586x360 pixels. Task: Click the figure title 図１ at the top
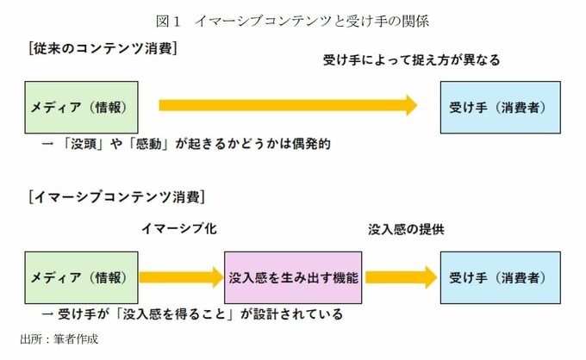tap(168, 21)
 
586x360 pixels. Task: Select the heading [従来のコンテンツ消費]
tap(103, 48)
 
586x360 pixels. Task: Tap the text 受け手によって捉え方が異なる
tap(411, 59)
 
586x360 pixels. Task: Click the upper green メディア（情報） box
tap(82, 108)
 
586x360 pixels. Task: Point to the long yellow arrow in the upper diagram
tap(288, 105)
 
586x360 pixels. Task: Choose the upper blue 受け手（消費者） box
tap(501, 108)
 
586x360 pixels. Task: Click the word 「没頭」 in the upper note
tap(82, 144)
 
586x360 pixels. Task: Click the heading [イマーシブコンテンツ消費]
tap(117, 197)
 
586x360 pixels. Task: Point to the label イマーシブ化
tap(179, 228)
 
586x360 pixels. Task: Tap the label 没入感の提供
tap(406, 229)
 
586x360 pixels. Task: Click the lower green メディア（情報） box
tap(82, 277)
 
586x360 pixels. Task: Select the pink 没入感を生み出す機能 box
tap(293, 277)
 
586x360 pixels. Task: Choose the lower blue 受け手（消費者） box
tap(501, 277)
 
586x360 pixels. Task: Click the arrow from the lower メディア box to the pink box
tap(181, 277)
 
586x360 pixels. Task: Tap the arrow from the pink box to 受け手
tap(402, 277)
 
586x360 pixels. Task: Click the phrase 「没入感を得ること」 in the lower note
tap(175, 314)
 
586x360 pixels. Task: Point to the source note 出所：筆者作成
tap(59, 339)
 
